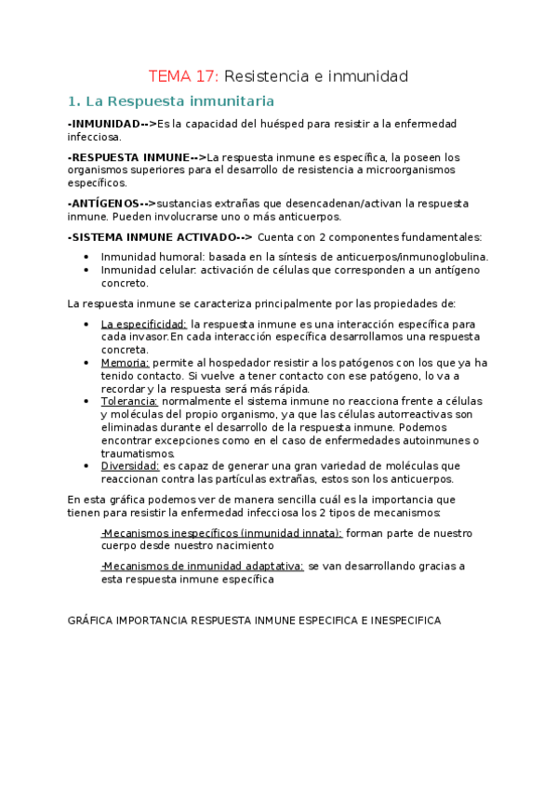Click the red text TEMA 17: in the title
coord(185,75)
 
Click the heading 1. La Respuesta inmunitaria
coord(170,100)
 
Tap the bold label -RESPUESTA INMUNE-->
coord(137,156)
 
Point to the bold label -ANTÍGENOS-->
coord(112,203)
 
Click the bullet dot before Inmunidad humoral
coord(86,257)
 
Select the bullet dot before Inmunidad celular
coord(86,270)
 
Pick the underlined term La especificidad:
coord(143,324)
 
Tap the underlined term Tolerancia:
coord(130,401)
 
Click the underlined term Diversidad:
coord(130,465)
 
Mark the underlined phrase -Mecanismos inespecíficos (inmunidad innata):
coord(221,533)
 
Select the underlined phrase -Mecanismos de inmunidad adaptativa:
coord(202,566)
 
